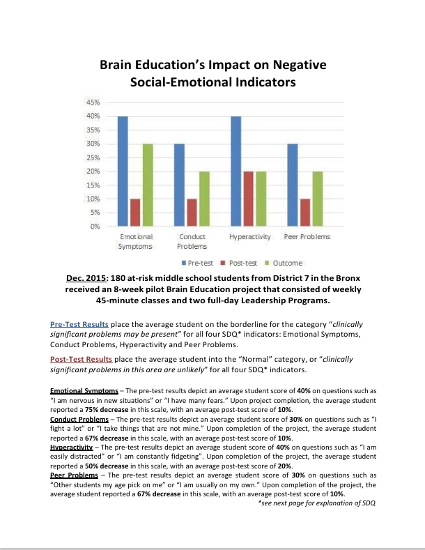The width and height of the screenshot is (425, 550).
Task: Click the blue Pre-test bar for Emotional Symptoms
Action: [123, 171]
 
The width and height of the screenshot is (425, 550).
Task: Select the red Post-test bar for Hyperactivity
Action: [249, 199]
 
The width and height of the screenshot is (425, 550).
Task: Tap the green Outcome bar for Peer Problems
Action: [317, 199]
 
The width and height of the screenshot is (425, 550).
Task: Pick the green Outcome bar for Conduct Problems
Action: [204, 199]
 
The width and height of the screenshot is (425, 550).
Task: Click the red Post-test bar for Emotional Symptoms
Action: [135, 213]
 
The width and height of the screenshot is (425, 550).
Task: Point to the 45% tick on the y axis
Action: [93, 102]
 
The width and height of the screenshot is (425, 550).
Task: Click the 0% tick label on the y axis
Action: [95, 227]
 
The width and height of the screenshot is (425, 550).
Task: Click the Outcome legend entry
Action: [283, 263]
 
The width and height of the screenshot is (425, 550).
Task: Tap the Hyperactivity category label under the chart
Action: [249, 237]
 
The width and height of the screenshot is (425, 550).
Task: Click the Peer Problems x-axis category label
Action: [307, 237]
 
